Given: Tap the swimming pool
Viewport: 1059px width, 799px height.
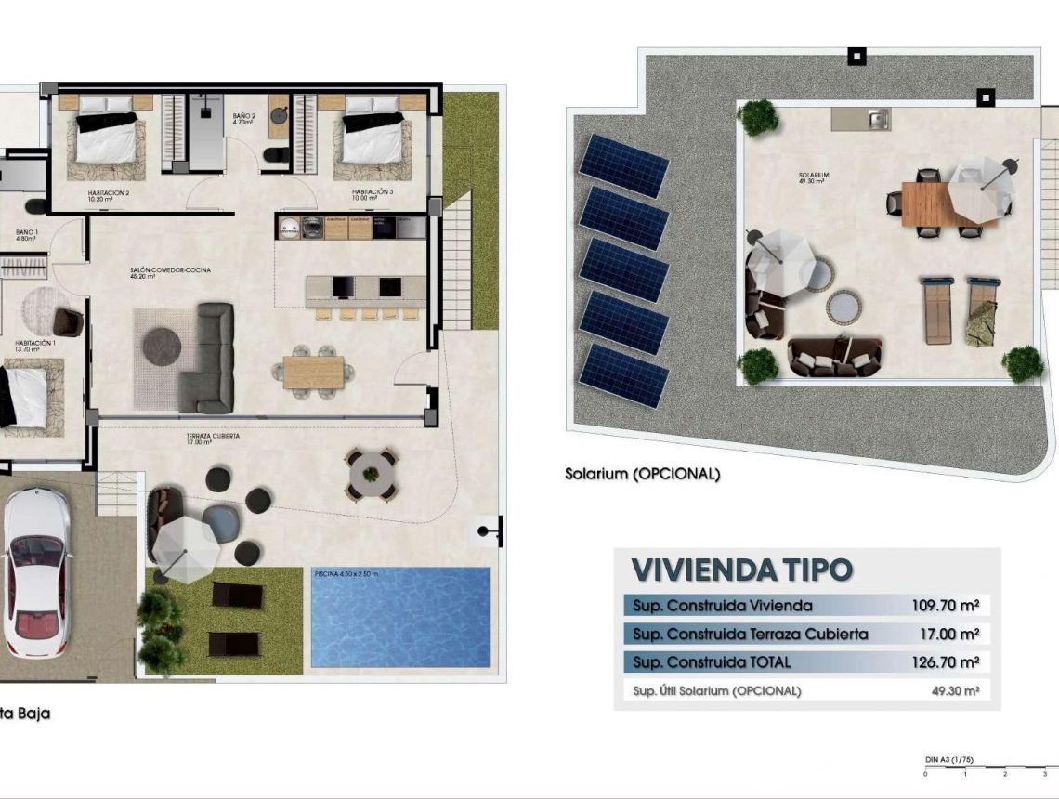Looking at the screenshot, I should point(400,618).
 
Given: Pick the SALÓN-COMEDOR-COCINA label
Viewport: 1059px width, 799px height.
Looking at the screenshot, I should point(170,270).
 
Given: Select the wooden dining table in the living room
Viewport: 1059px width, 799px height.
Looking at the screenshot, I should point(313,372).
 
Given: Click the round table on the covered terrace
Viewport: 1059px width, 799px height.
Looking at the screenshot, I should point(372,474).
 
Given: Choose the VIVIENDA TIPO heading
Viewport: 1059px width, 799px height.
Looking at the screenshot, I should point(741,570).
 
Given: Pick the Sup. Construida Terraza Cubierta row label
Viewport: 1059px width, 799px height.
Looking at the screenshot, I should point(751,635).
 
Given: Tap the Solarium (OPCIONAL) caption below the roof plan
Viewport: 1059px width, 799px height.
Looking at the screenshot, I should point(642,474).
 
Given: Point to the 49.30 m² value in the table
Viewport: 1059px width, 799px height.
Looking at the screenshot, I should point(954,690).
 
